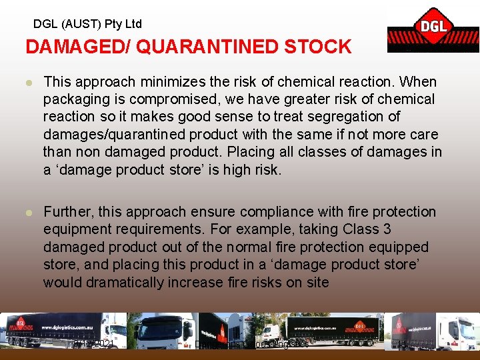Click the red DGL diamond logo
coord(433,27)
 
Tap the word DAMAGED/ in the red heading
coord(71,47)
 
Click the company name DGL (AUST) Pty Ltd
coord(87,24)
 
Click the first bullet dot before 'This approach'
coord(29,83)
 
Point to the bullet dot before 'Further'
coord(29,213)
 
